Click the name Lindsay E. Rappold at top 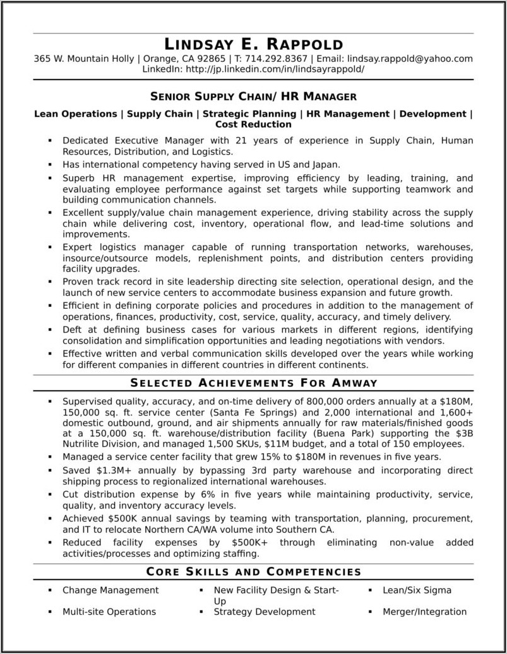[x=253, y=44]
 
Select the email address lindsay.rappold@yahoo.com [x=410, y=59]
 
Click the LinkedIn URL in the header [x=274, y=69]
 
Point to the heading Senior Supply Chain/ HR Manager [x=253, y=97]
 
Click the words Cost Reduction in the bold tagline [x=253, y=124]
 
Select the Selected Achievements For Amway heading [x=253, y=383]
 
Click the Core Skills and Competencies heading [x=253, y=572]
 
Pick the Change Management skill [x=110, y=590]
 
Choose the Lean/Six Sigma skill [x=417, y=590]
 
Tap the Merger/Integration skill [x=424, y=612]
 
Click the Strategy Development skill [x=265, y=612]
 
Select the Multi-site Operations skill [x=109, y=612]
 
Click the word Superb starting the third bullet [x=78, y=179]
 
